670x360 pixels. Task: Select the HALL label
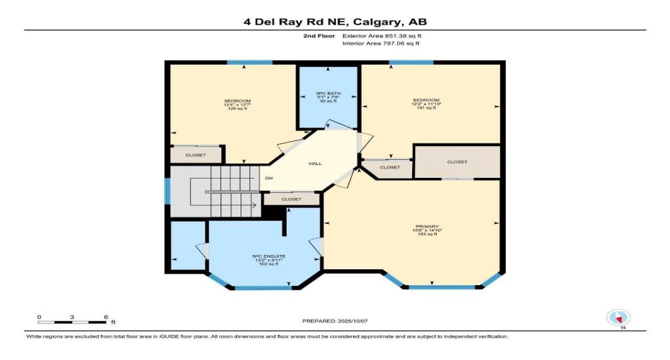click(x=316, y=163)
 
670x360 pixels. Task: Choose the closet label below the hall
click(x=291, y=199)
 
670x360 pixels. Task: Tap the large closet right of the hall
click(x=457, y=162)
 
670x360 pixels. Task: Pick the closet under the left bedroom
click(x=195, y=155)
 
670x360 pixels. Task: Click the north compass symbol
click(x=618, y=318)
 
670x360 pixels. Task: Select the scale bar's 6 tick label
click(x=106, y=317)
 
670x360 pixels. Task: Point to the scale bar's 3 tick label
click(x=73, y=317)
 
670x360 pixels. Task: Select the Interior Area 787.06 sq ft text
click(x=380, y=43)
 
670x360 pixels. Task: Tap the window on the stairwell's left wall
click(x=167, y=191)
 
